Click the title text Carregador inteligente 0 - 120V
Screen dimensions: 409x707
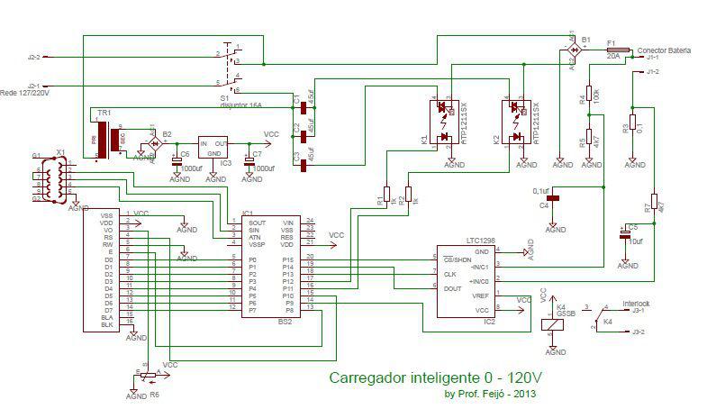click(x=437, y=377)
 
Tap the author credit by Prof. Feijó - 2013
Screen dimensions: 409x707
click(x=492, y=394)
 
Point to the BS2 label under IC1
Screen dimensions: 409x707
click(x=284, y=321)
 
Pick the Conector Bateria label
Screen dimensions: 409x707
click(x=664, y=50)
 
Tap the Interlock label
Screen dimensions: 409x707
click(x=636, y=304)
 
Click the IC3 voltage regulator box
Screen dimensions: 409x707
click(x=213, y=148)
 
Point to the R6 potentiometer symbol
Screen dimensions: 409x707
click(x=147, y=371)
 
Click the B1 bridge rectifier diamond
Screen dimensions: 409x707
click(x=573, y=51)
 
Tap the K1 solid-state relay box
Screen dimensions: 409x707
click(x=448, y=123)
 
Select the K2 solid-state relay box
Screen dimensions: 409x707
click(x=518, y=123)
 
